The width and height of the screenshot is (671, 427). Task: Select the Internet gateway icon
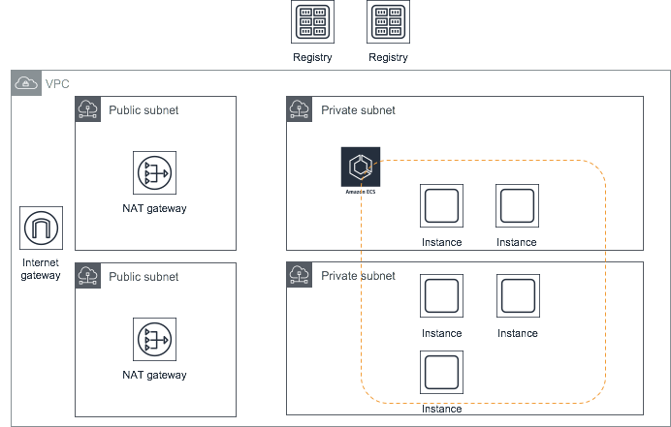pos(41,228)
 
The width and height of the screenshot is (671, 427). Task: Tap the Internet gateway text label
pos(41,268)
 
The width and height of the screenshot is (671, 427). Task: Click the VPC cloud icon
pos(25,84)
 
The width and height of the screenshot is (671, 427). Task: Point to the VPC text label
pos(58,84)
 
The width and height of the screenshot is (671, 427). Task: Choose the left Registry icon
pos(312,22)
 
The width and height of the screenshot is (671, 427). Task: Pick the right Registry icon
pos(388,22)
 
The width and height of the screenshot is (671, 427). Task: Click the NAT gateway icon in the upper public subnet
pos(154,172)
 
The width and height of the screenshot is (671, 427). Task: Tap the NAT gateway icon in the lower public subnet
pos(154,339)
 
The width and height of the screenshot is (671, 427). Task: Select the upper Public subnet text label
pos(144,110)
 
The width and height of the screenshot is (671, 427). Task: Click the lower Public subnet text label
pos(144,276)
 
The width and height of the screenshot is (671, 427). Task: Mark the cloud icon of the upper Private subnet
pos(300,109)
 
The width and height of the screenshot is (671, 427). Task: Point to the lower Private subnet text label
pos(359,276)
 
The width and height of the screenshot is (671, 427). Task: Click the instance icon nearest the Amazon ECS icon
pos(441,206)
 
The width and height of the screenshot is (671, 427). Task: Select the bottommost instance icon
pos(441,373)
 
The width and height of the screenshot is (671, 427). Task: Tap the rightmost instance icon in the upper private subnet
pos(518,206)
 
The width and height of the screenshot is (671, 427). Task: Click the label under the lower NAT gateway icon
pos(155,375)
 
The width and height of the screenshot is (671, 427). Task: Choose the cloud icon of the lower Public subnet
pos(88,275)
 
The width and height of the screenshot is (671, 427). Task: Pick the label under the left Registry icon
pos(312,57)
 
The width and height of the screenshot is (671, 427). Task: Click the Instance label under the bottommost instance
pos(441,409)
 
